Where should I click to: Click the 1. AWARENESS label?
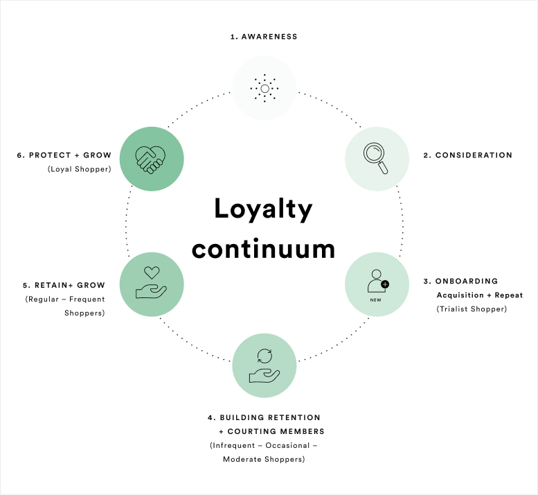pyautogui.click(x=264, y=37)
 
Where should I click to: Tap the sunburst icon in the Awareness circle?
pyautogui.click(x=264, y=88)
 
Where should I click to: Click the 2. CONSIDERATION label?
pyautogui.click(x=468, y=155)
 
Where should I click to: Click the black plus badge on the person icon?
pyautogui.click(x=385, y=284)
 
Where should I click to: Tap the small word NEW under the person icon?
pyautogui.click(x=376, y=300)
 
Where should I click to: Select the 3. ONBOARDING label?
pyautogui.click(x=460, y=281)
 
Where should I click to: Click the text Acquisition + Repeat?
pyautogui.click(x=479, y=295)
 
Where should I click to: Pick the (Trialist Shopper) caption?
pyautogui.click(x=472, y=309)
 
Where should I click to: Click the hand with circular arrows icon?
pyautogui.click(x=264, y=365)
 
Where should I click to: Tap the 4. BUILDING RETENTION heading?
pyautogui.click(x=264, y=417)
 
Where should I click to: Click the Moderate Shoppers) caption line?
pyautogui.click(x=264, y=459)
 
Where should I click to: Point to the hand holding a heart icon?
pyautogui.click(x=152, y=282)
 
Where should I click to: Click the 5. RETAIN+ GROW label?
pyautogui.click(x=66, y=285)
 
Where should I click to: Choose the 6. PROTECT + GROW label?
pyautogui.click(x=64, y=155)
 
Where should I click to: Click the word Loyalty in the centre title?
pyautogui.click(x=263, y=208)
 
